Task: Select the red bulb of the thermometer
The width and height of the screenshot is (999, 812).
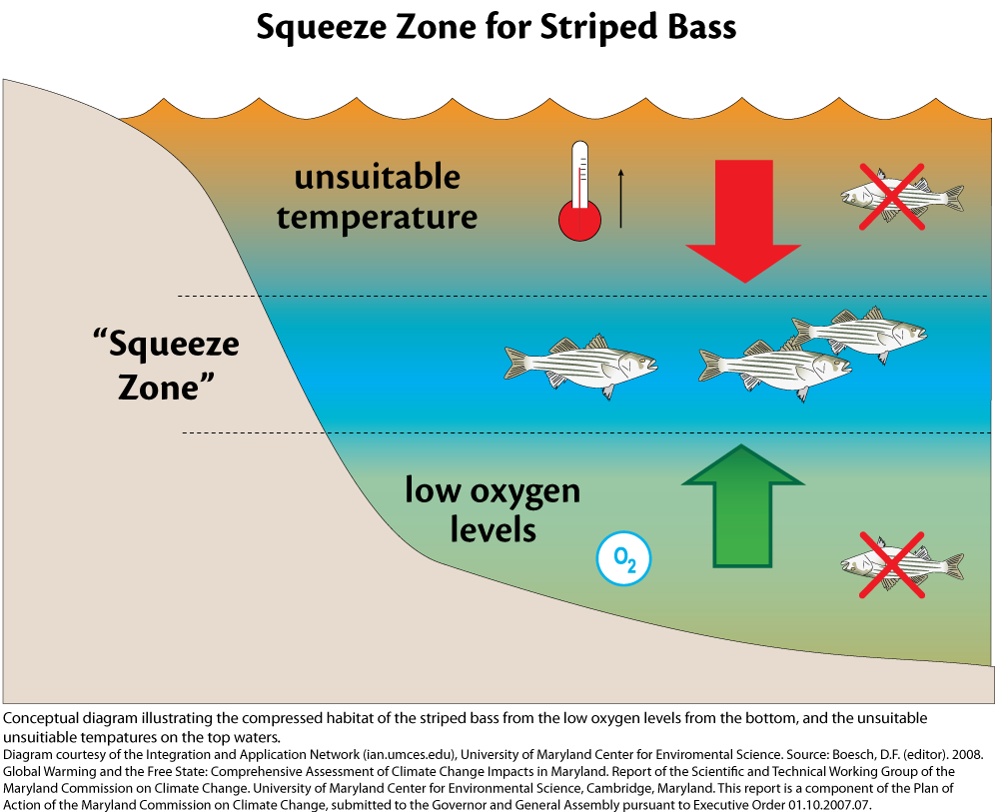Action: tap(578, 221)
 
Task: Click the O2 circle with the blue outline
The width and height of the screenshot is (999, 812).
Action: tap(623, 561)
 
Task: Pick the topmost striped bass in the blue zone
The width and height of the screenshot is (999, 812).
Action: tap(861, 335)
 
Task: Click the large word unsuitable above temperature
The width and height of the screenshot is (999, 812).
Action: tap(377, 178)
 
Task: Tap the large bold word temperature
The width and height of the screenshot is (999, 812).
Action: tap(377, 217)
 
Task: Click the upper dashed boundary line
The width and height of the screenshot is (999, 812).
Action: tap(499, 296)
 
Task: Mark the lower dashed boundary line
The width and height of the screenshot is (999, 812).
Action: tap(499, 432)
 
